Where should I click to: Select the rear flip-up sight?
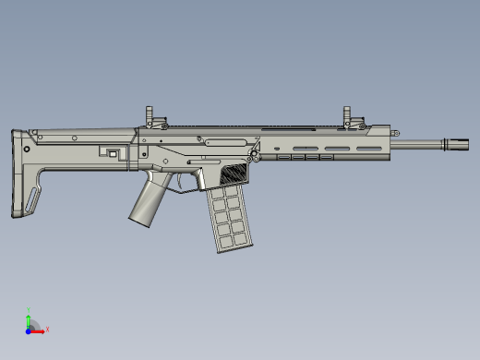[150, 117]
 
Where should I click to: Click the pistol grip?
[146, 202]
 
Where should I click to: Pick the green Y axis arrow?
[29, 319]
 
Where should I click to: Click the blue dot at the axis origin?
[29, 329]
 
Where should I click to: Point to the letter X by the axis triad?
[47, 329]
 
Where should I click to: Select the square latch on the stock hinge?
[113, 153]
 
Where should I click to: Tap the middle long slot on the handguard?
[336, 146]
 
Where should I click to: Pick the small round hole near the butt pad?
[28, 148]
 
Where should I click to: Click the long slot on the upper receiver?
[227, 141]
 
